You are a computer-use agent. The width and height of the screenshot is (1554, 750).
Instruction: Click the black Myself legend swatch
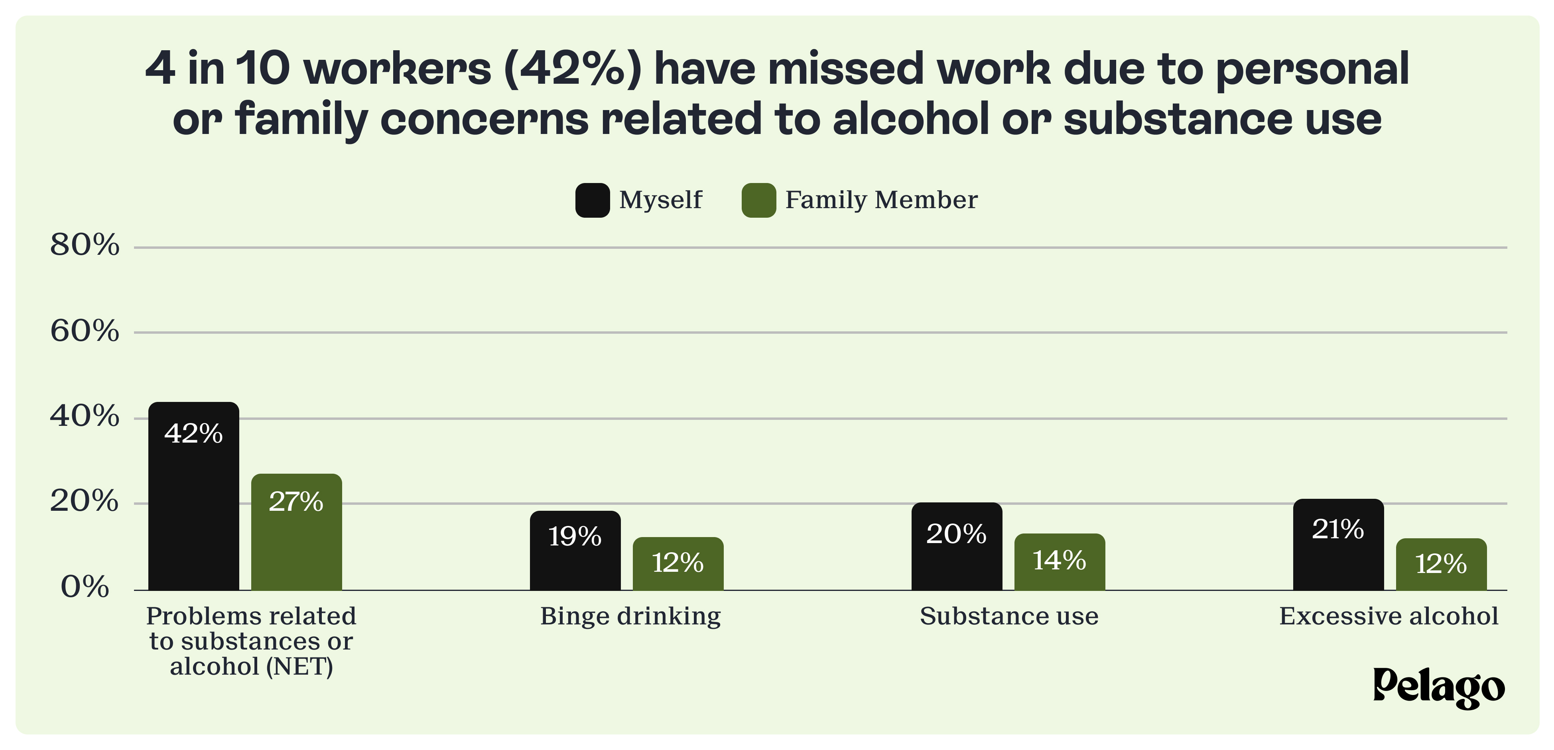click(x=593, y=200)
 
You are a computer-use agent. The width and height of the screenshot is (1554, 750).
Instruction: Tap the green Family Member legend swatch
click(x=758, y=200)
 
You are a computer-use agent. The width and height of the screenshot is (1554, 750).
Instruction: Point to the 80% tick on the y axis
click(x=85, y=246)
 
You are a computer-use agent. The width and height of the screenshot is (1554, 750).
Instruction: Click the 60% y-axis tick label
click(x=85, y=331)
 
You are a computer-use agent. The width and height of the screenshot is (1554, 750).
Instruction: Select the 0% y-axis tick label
click(x=85, y=587)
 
